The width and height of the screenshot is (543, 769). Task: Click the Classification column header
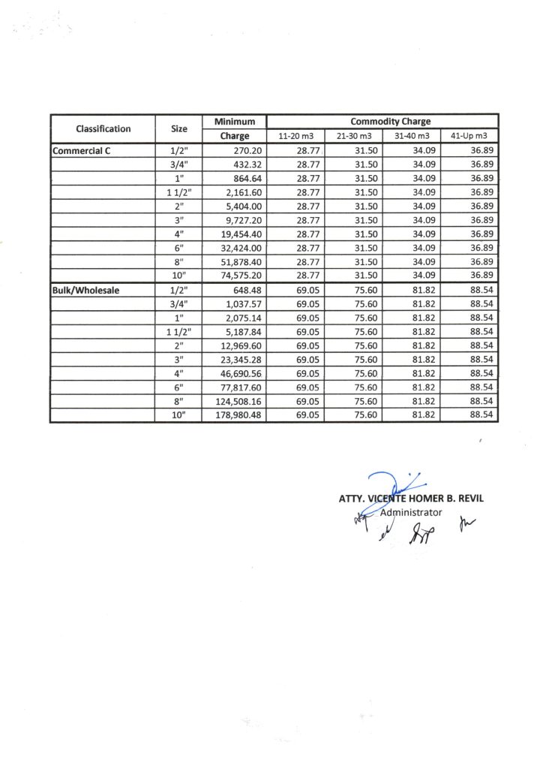(x=103, y=128)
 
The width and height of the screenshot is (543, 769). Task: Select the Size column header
(x=178, y=128)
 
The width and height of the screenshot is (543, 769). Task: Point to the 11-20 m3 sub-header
(x=295, y=136)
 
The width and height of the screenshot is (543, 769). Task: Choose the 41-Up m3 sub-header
(x=469, y=136)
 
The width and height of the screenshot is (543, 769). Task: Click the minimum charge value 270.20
(x=247, y=150)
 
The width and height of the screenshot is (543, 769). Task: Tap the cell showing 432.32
(x=247, y=164)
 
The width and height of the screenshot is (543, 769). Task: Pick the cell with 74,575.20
(x=242, y=275)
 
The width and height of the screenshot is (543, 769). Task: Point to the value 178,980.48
(x=239, y=414)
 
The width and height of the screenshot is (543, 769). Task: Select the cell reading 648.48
(x=247, y=288)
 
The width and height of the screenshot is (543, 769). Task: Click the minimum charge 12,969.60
(x=242, y=344)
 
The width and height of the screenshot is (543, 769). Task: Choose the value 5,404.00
(x=244, y=206)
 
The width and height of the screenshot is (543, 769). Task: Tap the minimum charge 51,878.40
(x=242, y=261)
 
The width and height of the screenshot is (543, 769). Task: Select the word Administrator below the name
(x=411, y=514)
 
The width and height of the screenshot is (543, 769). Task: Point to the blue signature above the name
(x=391, y=481)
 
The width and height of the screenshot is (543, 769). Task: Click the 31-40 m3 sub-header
(x=411, y=136)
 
